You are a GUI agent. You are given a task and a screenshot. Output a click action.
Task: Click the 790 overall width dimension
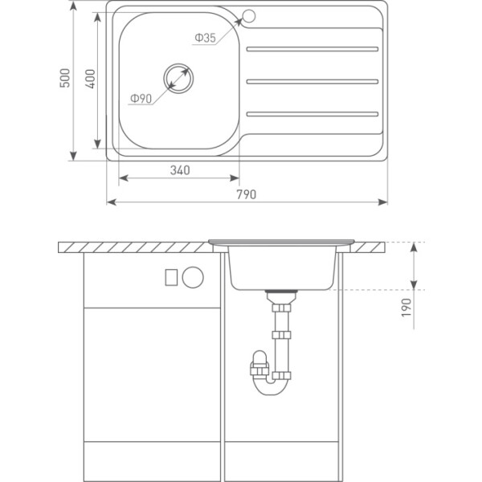(x=246, y=194)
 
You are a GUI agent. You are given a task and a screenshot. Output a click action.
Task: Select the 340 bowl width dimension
(x=180, y=170)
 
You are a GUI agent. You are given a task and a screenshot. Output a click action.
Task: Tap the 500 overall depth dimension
(x=65, y=78)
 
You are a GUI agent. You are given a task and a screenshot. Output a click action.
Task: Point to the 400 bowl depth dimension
(x=90, y=79)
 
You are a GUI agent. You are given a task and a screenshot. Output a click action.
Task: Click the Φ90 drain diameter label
(x=141, y=98)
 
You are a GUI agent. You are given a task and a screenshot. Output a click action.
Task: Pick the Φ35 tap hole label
(x=206, y=38)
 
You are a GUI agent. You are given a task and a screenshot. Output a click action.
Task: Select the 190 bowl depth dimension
(x=406, y=308)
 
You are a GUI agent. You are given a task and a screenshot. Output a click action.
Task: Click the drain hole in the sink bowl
(x=178, y=78)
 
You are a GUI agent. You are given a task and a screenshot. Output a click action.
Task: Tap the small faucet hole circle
(x=249, y=16)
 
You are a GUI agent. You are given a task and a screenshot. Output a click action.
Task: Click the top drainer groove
(x=312, y=49)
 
